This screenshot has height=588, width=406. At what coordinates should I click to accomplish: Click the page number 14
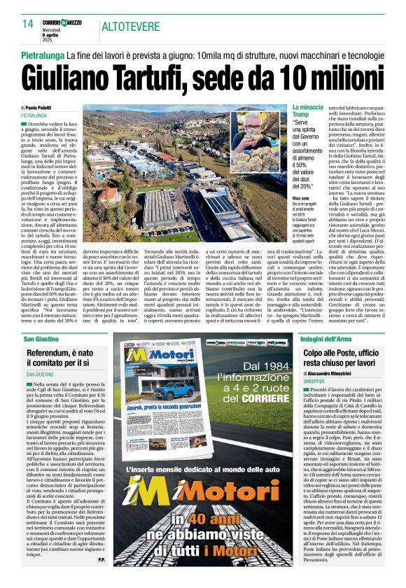pyautogui.click(x=28, y=24)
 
